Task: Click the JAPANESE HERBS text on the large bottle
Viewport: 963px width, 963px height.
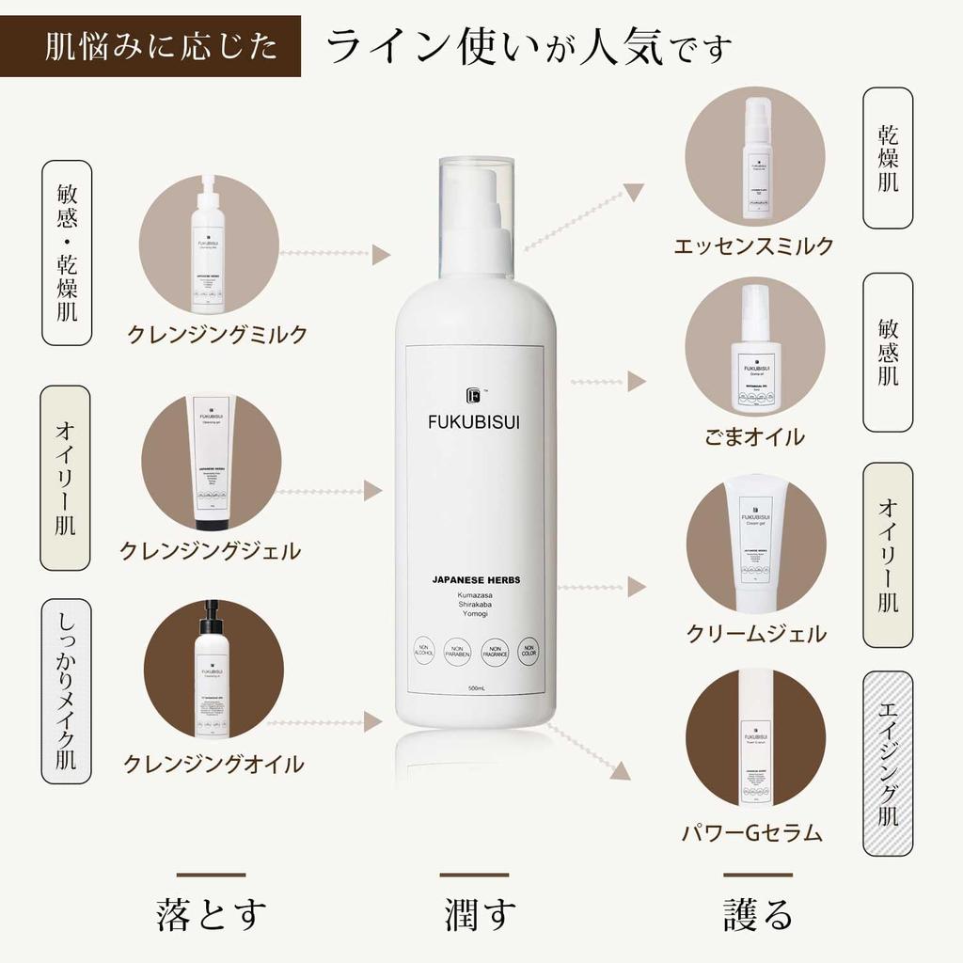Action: point(475,580)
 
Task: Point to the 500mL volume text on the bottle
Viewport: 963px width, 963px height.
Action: point(476,689)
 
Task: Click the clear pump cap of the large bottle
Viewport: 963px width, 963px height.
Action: point(477,212)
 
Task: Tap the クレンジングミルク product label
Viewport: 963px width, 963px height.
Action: point(217,335)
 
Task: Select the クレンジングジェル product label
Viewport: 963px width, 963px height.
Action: point(210,551)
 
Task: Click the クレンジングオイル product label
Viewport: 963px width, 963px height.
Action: point(213,764)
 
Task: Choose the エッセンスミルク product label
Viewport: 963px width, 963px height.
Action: point(753,246)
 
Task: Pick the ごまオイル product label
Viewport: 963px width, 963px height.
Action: point(754,436)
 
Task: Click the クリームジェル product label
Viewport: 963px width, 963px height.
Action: point(755,634)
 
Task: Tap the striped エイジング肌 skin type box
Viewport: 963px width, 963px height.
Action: point(887,764)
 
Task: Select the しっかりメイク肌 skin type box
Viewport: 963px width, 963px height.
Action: point(67,691)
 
